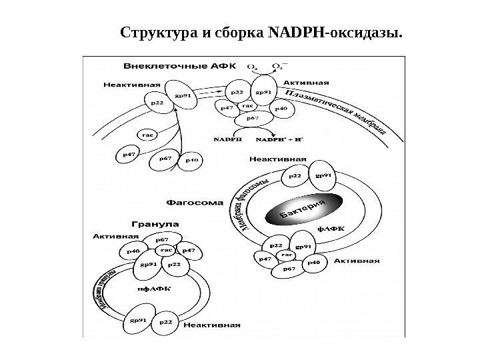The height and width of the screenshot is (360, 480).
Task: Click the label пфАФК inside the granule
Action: tap(153, 289)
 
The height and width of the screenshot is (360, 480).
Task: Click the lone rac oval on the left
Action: tap(149, 134)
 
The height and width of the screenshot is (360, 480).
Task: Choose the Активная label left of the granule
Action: tap(116, 235)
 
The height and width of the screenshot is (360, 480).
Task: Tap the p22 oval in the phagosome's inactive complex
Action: tap(296, 176)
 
